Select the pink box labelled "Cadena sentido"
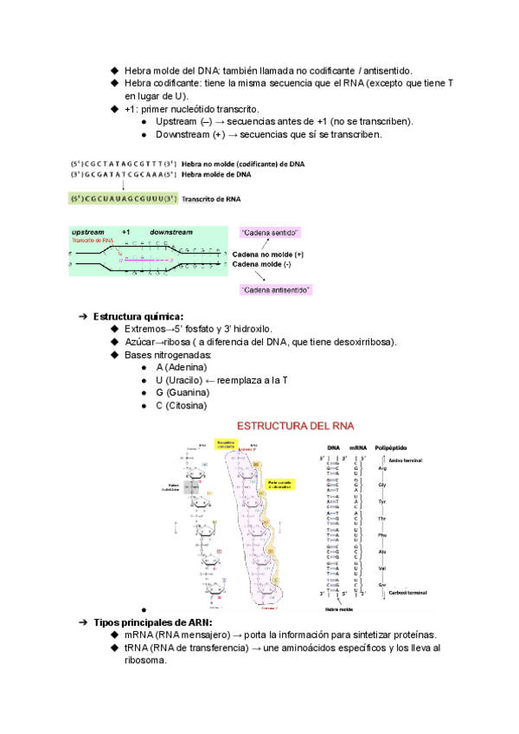point(270,233)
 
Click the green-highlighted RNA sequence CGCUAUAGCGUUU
point(124,198)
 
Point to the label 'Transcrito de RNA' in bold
point(212,198)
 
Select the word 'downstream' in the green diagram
point(170,233)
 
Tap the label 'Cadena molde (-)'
point(267,264)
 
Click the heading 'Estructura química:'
point(138,316)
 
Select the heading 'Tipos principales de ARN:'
point(153,622)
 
